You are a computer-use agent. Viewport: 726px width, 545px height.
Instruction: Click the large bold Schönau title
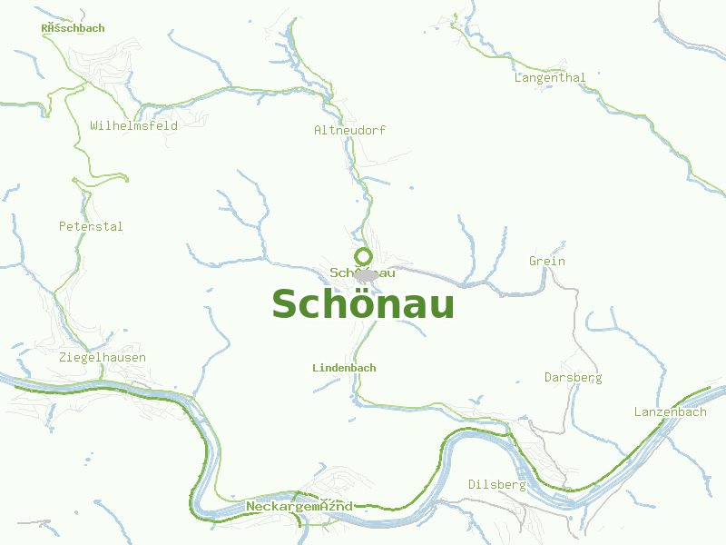(x=363, y=304)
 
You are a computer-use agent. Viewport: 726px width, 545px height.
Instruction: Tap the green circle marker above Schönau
(x=363, y=256)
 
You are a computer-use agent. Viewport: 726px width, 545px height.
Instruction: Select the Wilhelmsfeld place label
(x=133, y=125)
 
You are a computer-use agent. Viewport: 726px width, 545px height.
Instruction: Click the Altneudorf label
(x=349, y=130)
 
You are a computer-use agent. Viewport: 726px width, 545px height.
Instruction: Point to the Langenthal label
(x=550, y=77)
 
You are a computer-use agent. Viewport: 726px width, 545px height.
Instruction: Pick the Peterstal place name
(x=91, y=226)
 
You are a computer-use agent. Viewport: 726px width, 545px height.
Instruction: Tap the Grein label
(x=547, y=261)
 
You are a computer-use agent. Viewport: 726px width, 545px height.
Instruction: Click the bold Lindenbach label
(x=344, y=368)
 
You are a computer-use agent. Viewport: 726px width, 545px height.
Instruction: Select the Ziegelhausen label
(x=102, y=357)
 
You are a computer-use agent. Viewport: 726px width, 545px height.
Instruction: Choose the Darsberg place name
(x=573, y=377)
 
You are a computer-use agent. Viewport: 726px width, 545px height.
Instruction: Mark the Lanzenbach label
(x=670, y=411)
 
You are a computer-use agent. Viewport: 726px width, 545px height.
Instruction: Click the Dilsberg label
(x=496, y=484)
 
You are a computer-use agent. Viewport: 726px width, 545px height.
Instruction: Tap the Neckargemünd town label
(x=299, y=506)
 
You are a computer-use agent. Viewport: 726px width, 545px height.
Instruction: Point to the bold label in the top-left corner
(x=73, y=28)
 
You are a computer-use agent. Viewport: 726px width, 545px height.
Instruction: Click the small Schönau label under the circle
(x=362, y=272)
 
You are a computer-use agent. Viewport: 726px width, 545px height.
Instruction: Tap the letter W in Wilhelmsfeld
(x=94, y=125)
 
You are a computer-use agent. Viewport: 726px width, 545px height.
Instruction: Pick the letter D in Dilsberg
(x=472, y=484)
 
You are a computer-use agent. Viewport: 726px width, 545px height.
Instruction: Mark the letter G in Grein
(x=534, y=261)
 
